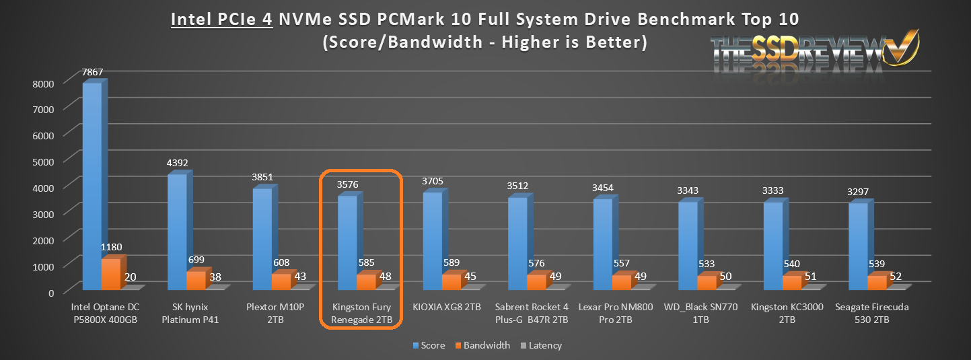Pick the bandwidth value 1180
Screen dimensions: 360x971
(x=111, y=247)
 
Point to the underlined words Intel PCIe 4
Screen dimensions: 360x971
(x=222, y=19)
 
